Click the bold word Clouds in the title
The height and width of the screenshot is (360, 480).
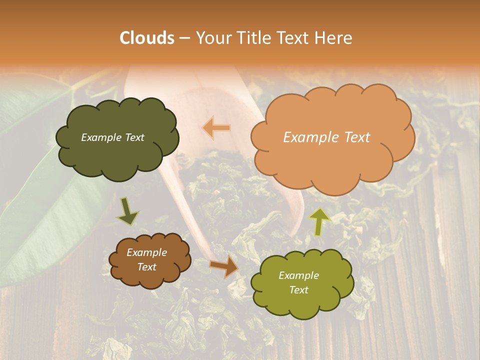(147, 38)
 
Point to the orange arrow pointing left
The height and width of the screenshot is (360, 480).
(216, 128)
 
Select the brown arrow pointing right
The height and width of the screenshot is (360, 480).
(224, 266)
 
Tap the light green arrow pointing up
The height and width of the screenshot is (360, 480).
(319, 221)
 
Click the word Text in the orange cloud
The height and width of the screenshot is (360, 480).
(357, 137)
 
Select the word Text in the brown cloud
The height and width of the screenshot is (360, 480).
(147, 267)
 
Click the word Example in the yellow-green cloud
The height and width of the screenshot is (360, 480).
(298, 275)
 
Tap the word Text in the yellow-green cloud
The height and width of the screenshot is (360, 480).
(298, 290)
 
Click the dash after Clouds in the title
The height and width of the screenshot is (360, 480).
(184, 38)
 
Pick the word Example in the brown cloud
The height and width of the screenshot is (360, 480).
(147, 252)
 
